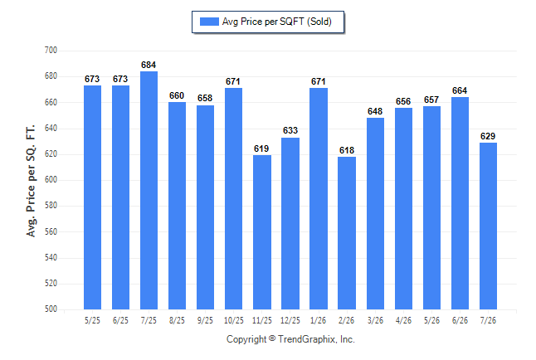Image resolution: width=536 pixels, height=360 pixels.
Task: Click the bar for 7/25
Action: click(x=149, y=191)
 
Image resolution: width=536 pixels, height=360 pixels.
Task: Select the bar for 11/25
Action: click(x=262, y=232)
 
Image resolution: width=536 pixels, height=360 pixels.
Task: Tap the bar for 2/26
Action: click(x=347, y=233)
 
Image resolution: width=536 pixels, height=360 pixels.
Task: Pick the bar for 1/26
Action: click(x=319, y=198)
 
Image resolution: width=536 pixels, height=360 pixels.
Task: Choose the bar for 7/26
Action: click(x=488, y=226)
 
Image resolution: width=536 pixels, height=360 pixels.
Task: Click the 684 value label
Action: click(x=149, y=65)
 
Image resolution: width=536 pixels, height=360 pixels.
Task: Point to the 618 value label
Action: click(x=347, y=150)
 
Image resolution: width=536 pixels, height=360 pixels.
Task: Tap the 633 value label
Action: click(x=290, y=130)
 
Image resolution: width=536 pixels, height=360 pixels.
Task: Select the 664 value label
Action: click(x=460, y=90)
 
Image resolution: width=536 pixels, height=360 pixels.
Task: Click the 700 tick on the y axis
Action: click(x=51, y=51)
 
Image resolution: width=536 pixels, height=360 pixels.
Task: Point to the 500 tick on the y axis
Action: click(x=51, y=309)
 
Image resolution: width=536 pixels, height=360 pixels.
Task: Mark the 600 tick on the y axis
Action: click(x=51, y=179)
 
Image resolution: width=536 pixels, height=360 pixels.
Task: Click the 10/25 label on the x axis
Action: click(x=234, y=321)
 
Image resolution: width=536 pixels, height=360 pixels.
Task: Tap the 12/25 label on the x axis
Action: click(x=290, y=321)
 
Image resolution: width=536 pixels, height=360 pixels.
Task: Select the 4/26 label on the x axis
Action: click(x=403, y=321)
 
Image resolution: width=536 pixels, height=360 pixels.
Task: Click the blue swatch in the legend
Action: click(x=209, y=22)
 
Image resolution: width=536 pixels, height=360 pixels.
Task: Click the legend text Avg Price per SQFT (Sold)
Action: click(x=277, y=22)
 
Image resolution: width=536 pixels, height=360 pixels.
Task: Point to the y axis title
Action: click(x=31, y=181)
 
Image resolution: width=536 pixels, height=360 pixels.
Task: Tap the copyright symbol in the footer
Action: click(x=272, y=338)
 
